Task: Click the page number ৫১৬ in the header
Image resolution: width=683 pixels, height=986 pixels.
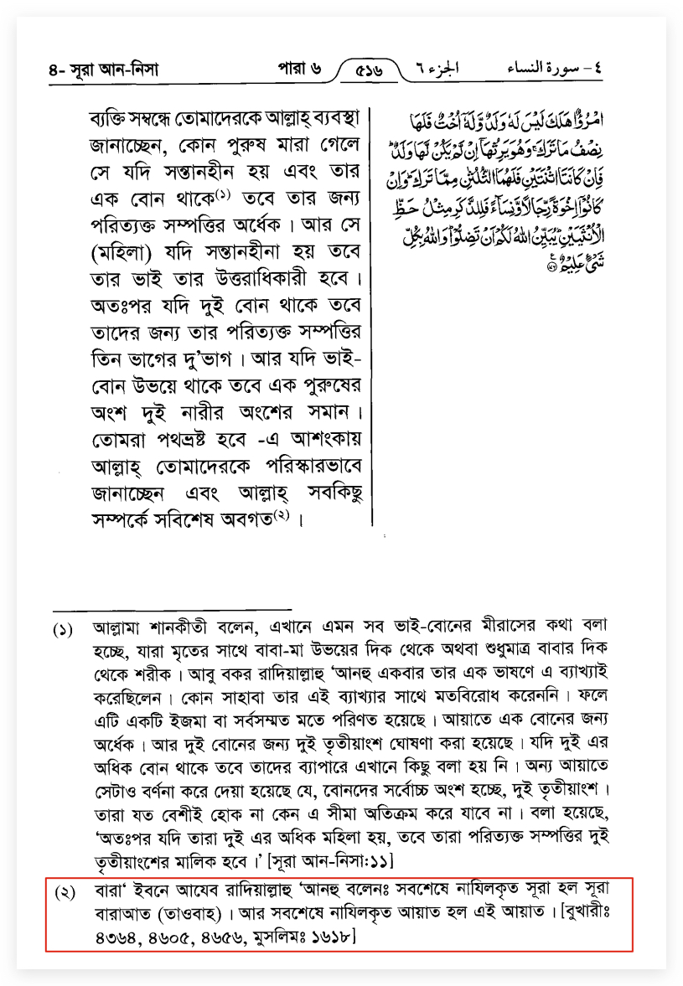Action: click(x=369, y=70)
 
